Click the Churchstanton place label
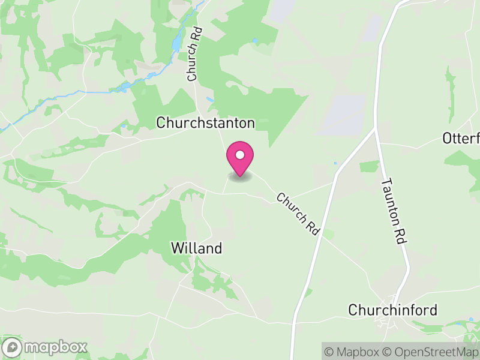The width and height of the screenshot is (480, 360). click(x=205, y=122)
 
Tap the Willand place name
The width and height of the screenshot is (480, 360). click(x=196, y=248)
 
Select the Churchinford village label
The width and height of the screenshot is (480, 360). click(x=393, y=310)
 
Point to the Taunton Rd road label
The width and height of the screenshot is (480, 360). click(x=394, y=210)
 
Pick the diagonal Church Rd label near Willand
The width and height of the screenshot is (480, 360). click(x=297, y=214)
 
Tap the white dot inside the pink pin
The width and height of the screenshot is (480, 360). click(x=240, y=155)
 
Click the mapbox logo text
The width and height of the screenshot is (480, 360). click(x=56, y=347)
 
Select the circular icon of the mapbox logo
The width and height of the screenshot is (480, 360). click(x=13, y=347)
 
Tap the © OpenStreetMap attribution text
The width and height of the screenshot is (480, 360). click(x=431, y=352)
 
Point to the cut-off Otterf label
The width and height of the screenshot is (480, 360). click(x=461, y=139)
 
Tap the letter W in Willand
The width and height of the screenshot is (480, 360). click(x=177, y=248)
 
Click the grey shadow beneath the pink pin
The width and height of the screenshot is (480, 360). click(x=240, y=177)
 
